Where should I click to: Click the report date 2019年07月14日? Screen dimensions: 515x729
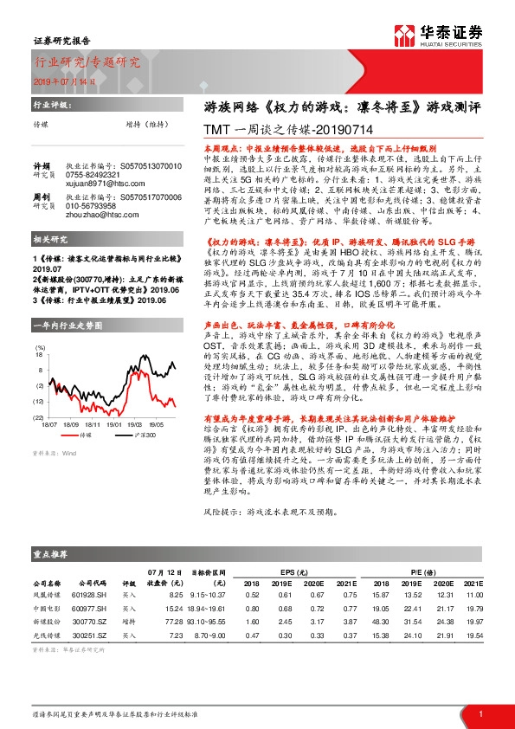(x=66, y=81)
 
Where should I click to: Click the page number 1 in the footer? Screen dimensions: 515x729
(x=480, y=713)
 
